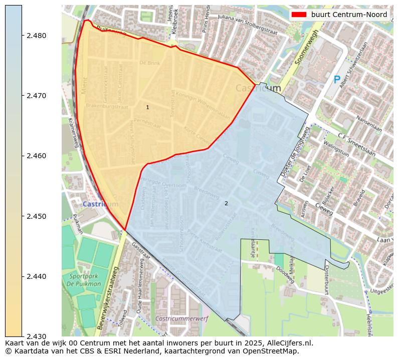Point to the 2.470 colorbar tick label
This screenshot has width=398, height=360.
pyautogui.click(x=37, y=96)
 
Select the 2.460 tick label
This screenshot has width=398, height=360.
pyautogui.click(x=37, y=156)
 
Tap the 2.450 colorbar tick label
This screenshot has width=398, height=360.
pyautogui.click(x=37, y=216)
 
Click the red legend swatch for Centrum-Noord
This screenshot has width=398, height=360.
pyautogui.click(x=299, y=15)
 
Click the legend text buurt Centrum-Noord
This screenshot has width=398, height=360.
pyautogui.click(x=349, y=15)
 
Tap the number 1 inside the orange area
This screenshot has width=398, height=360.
pyautogui.click(x=147, y=107)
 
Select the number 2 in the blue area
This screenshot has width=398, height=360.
pyautogui.click(x=226, y=203)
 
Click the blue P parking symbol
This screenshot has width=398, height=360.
pyautogui.click(x=337, y=80)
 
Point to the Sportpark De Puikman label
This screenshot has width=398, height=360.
pyautogui.click(x=85, y=280)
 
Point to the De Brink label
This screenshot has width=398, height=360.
pyautogui.click(x=149, y=63)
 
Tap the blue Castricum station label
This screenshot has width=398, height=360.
pyautogui.click(x=100, y=204)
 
